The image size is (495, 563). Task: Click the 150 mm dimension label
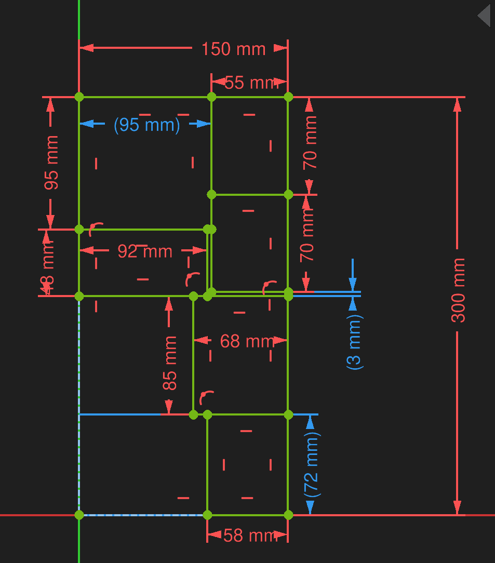tap(233, 49)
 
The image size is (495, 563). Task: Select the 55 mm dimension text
tap(251, 83)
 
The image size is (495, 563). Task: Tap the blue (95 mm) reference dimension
tap(146, 125)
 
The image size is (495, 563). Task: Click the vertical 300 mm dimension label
tap(458, 290)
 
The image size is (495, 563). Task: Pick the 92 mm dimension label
tap(145, 251)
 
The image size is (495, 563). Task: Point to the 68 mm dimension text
tap(247, 341)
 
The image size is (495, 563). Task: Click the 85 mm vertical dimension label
tap(169, 363)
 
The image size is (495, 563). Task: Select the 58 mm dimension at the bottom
tap(250, 535)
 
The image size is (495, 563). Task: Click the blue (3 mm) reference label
tap(354, 342)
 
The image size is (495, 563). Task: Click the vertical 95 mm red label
tap(51, 162)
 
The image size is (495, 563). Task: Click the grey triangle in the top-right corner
tap(485, 16)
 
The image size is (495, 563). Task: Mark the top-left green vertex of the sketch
tap(79, 97)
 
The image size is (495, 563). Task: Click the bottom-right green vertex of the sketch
tap(288, 515)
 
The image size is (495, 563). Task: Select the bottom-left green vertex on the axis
tap(79, 515)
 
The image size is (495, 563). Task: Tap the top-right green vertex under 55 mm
tap(288, 97)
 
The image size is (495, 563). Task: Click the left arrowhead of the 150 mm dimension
tap(86, 48)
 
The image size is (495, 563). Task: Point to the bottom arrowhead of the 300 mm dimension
tap(457, 508)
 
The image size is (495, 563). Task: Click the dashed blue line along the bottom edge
tap(143, 515)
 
